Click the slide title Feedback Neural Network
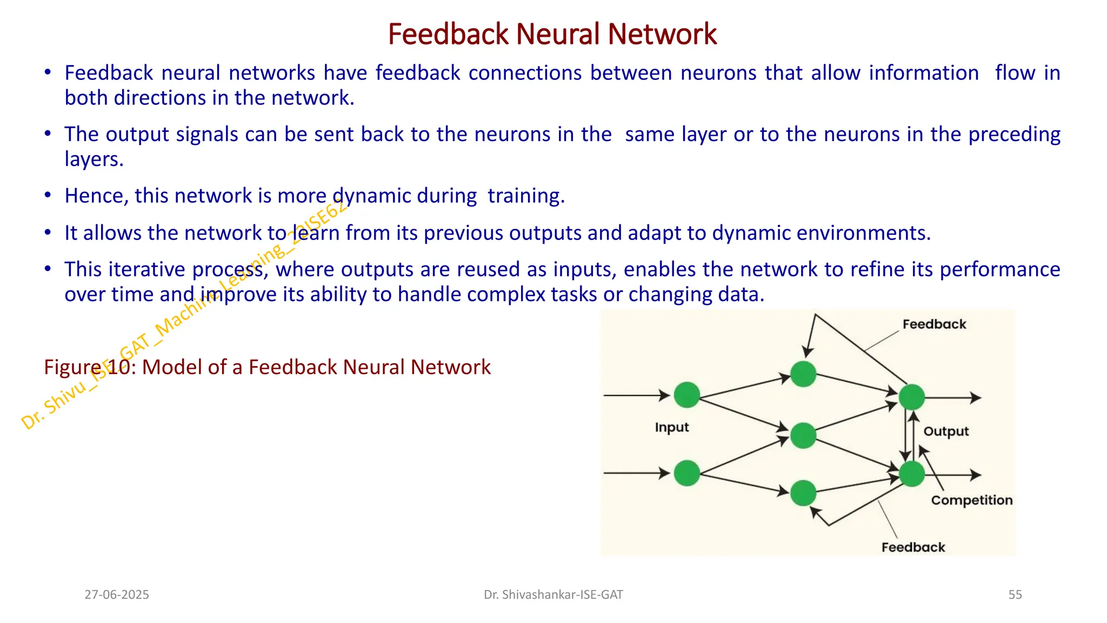(x=552, y=34)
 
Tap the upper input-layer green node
(x=687, y=395)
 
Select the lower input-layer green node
(x=687, y=473)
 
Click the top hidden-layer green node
(x=803, y=374)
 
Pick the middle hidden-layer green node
(x=803, y=435)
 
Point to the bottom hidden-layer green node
(x=803, y=493)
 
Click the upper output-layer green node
(x=912, y=397)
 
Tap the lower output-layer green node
(x=912, y=474)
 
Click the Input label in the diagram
(x=672, y=427)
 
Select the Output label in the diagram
(x=946, y=431)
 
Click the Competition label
(x=971, y=500)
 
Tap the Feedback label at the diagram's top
(x=934, y=324)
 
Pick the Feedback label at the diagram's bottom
(x=913, y=547)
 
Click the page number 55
(x=1015, y=595)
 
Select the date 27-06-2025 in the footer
(x=117, y=595)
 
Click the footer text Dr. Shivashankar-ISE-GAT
(x=553, y=595)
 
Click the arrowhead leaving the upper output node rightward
(x=976, y=397)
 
